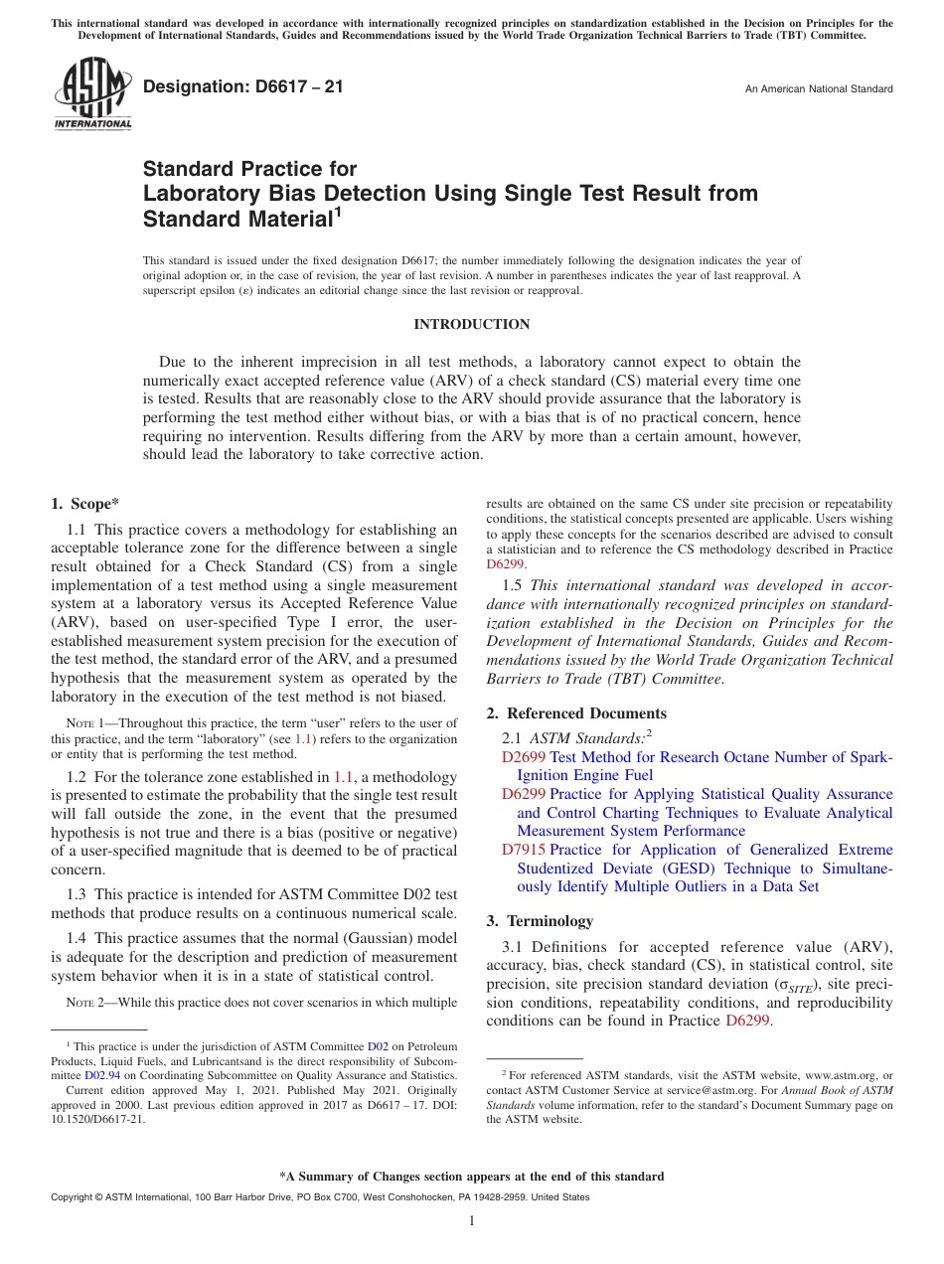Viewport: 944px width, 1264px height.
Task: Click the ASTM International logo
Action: click(x=91, y=95)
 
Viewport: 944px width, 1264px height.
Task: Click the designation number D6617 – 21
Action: click(x=243, y=86)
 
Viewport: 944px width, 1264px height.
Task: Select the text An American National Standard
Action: click(x=818, y=89)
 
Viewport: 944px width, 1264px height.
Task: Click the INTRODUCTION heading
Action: click(x=471, y=325)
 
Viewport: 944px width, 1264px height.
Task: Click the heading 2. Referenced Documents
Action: click(x=576, y=713)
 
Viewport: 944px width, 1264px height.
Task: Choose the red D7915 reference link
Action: click(x=524, y=850)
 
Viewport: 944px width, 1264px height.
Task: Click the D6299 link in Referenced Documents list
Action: click(x=524, y=794)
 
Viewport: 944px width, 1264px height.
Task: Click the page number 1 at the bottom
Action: click(x=472, y=1220)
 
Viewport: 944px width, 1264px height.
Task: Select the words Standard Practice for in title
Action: click(x=249, y=169)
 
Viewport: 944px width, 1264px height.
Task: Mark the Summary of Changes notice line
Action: click(x=471, y=1177)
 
